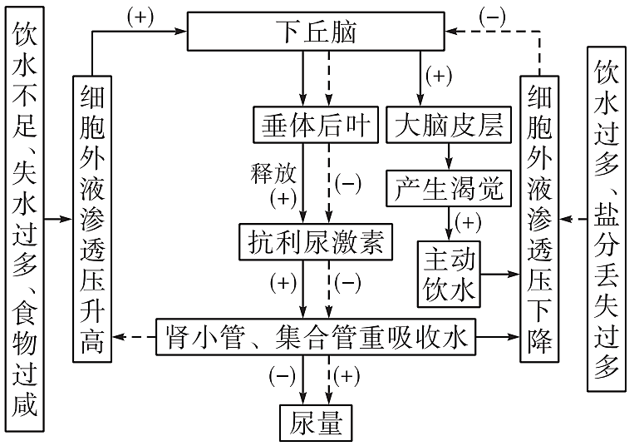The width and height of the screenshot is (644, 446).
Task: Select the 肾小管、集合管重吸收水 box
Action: tap(315, 338)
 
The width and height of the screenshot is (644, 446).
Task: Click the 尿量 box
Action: tap(315, 423)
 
